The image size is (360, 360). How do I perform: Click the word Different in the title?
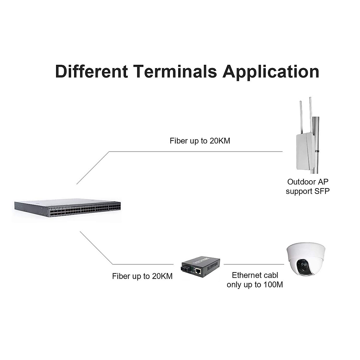[91, 72]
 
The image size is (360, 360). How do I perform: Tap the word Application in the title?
[271, 72]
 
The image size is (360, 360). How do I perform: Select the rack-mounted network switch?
[67, 209]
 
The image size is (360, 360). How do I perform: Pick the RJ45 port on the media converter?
[198, 271]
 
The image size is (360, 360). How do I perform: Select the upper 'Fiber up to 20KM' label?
[200, 141]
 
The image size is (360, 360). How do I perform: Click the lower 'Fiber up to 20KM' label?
[142, 276]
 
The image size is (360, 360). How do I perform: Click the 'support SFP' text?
[307, 191]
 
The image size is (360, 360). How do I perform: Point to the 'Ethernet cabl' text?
[255, 275]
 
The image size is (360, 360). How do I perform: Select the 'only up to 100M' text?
[255, 285]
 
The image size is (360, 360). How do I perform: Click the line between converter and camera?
[253, 264]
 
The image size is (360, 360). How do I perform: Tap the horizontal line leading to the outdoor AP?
[195, 151]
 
